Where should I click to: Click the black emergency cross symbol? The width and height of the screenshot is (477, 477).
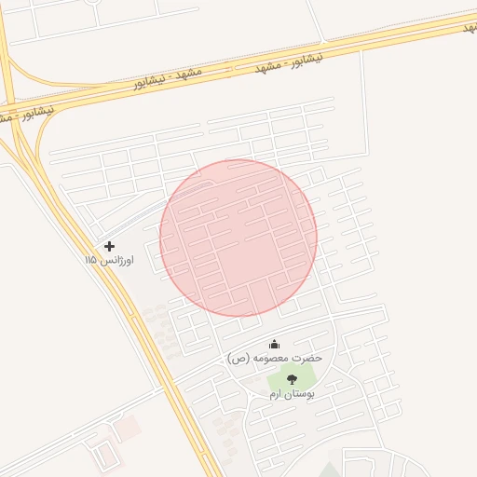(110, 246)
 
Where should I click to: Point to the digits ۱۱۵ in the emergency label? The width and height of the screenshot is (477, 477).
(91, 261)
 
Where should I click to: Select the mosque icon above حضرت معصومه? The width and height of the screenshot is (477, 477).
(274, 344)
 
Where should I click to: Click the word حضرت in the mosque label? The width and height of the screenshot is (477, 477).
(307, 358)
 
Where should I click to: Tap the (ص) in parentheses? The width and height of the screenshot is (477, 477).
(238, 358)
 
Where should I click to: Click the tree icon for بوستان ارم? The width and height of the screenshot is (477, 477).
(293, 379)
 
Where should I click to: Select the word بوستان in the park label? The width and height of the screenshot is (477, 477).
(300, 394)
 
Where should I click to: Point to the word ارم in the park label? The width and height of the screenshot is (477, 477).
(276, 394)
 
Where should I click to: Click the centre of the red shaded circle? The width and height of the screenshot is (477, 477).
(238, 238)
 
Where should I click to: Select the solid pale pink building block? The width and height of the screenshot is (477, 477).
(128, 427)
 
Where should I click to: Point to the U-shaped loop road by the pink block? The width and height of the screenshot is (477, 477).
(106, 455)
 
